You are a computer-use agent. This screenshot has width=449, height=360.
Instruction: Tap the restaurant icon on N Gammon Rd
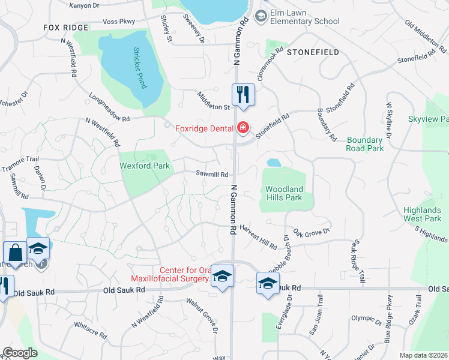tap(243, 95)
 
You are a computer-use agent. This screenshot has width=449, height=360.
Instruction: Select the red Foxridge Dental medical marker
tap(243, 127)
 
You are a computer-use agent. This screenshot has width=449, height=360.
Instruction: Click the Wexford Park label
tap(145, 166)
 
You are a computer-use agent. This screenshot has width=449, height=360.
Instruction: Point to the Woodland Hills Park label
tap(285, 193)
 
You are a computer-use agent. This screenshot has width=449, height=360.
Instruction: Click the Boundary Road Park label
tap(365, 144)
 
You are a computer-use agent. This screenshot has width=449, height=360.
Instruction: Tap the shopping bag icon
tap(14, 252)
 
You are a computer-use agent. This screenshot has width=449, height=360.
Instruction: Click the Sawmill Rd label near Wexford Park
tap(212, 175)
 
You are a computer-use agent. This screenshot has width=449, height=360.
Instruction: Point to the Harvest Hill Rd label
tap(258, 237)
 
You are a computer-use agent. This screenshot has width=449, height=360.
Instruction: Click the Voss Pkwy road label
tap(119, 22)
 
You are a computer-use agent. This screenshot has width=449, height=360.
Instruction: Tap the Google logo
tap(19, 353)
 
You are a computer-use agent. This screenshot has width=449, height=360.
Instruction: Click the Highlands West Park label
tap(423, 214)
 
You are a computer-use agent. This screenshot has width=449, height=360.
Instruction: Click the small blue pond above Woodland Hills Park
tap(273, 163)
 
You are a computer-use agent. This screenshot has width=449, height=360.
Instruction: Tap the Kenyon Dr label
tap(83, 5)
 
